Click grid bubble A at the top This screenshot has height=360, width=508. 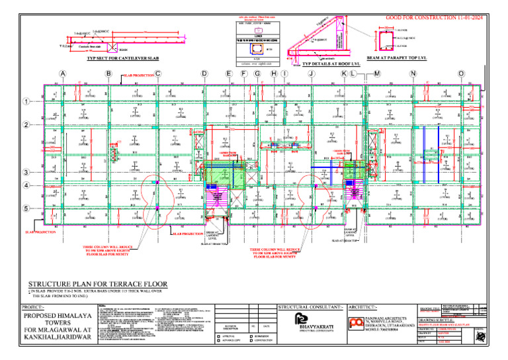tap(62, 73)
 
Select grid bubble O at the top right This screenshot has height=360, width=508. tap(461, 73)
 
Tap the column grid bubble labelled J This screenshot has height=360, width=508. tap(311, 73)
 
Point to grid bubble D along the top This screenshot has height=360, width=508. tap(204, 73)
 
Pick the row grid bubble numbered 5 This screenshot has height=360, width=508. tap(26, 208)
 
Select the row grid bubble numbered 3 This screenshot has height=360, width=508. tap(26, 173)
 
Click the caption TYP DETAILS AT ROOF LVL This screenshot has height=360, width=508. tap(325, 64)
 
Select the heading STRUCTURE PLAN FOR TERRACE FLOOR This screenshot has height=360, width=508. tap(97, 284)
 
